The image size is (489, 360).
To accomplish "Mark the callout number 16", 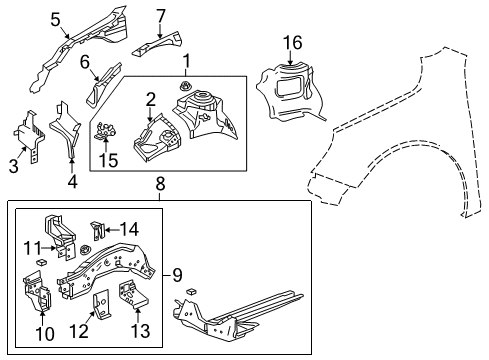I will pos(291,41).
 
